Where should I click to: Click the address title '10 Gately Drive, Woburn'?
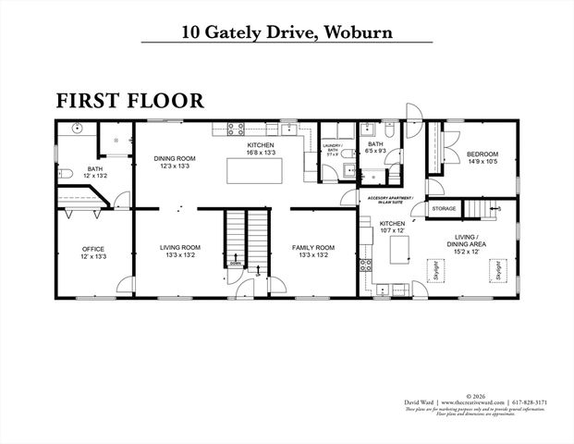pos(287,32)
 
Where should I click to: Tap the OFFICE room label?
pos(92,252)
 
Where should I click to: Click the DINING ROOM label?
pos(175,163)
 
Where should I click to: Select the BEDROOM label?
pos(482,158)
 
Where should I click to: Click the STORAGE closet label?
pos(445,210)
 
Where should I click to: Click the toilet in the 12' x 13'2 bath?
pos(65,173)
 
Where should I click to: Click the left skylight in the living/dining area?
pos(435,270)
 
